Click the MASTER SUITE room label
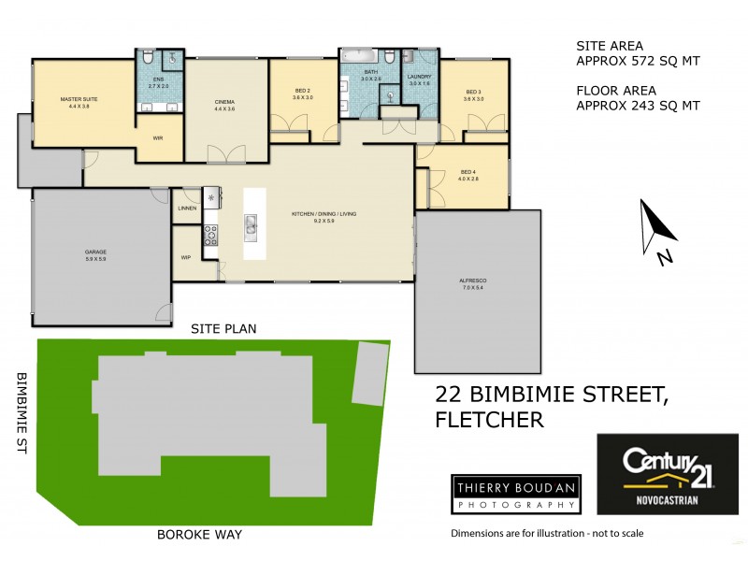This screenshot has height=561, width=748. pos(79,99)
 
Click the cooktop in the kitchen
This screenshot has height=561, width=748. pos(211,235)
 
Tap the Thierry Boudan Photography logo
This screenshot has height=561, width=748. pos(513,494)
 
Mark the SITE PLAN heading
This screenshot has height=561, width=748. pos(223,328)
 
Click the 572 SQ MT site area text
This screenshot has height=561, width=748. pos(637,62)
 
